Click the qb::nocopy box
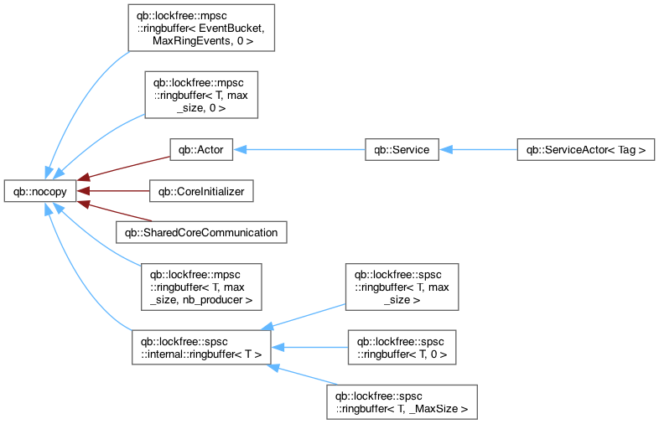(40, 191)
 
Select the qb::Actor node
(201, 150)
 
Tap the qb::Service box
(402, 150)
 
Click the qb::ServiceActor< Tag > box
(586, 150)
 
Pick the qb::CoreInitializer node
(201, 191)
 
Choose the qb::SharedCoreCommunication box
(201, 232)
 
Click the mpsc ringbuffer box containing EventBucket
(201, 28)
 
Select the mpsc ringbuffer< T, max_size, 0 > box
(201, 95)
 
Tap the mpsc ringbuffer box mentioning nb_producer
(201, 287)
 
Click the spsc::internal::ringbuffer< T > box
(201, 348)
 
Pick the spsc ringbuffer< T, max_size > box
(402, 287)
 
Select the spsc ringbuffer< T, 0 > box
(402, 348)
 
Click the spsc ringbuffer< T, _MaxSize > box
(402, 402)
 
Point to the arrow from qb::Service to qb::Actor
(299, 150)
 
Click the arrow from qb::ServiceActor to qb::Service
(478, 150)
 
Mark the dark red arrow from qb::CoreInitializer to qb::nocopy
(113, 191)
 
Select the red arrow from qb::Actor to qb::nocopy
(123, 168)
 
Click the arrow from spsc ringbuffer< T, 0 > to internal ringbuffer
(309, 348)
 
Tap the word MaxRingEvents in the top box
(191, 41)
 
